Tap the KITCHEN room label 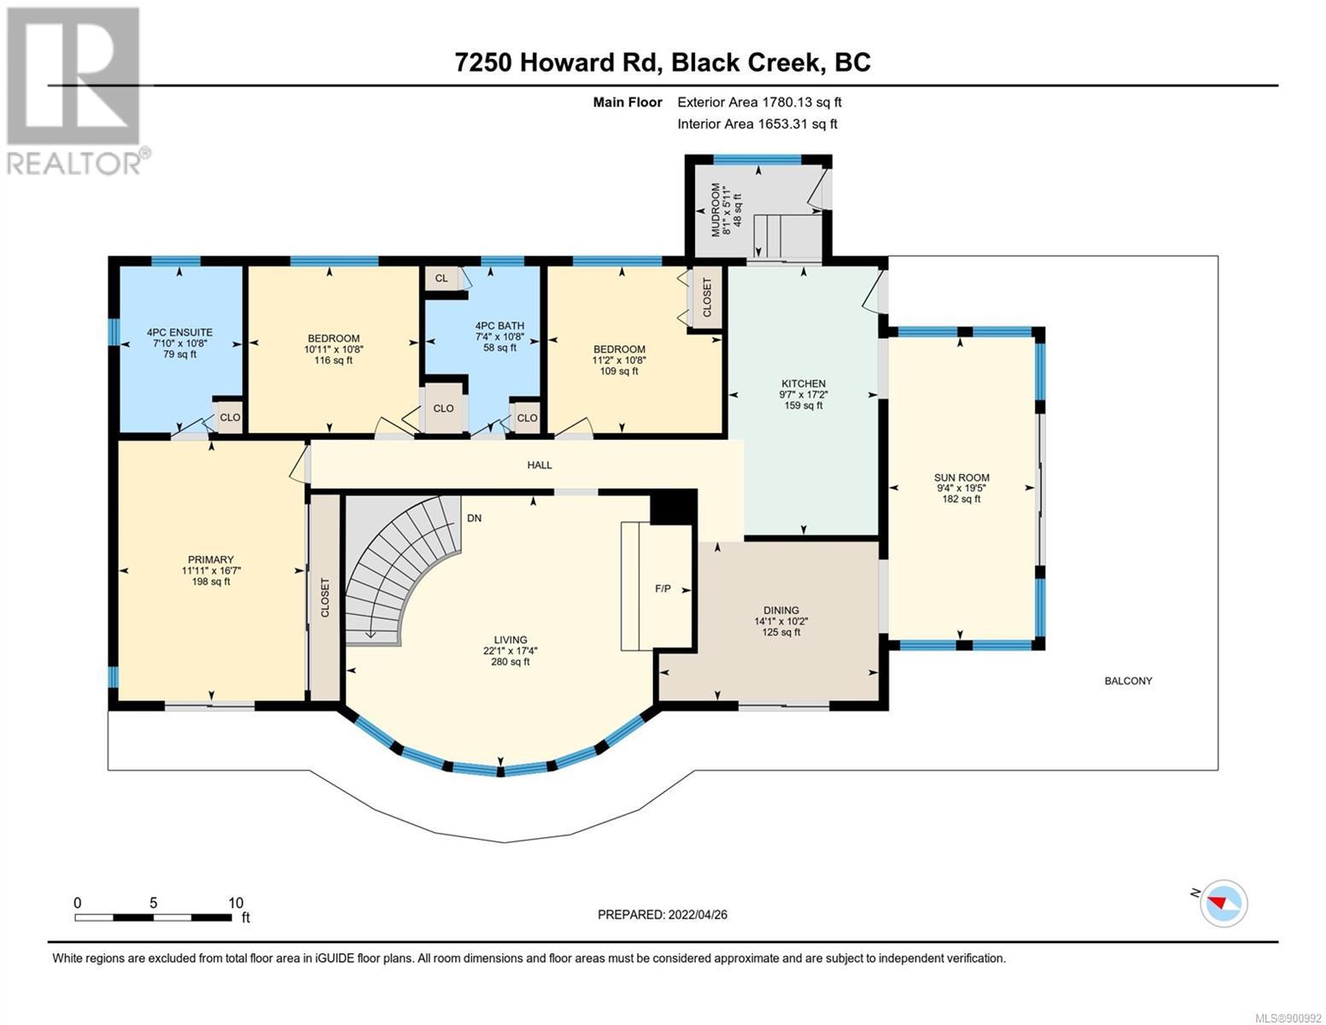coord(803,384)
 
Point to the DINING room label coord(781,610)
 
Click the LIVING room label coord(510,640)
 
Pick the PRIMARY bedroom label coord(211,559)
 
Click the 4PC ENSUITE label coord(179,332)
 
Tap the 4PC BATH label coord(499,325)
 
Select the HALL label coord(540,465)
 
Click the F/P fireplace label coord(663,588)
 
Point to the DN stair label coord(474,518)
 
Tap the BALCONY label coord(1128,680)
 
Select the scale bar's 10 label coord(236,902)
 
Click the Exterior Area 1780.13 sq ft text coord(759,102)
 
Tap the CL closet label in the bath coord(441,278)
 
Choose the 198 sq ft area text coord(211,581)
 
